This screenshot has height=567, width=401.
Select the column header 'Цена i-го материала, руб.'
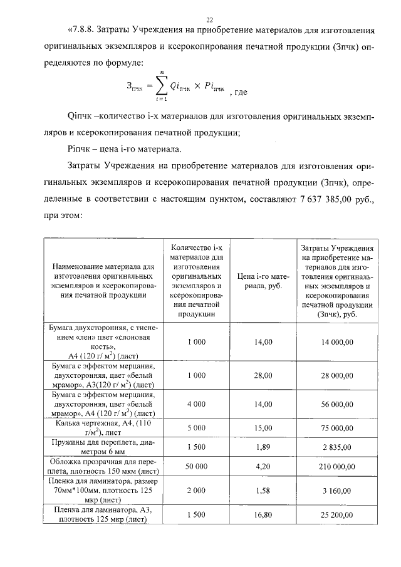263,281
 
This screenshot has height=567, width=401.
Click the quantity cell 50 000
196,467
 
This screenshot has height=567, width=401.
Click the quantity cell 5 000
196,428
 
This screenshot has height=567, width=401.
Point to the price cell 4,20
264,467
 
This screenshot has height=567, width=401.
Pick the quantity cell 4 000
196,405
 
